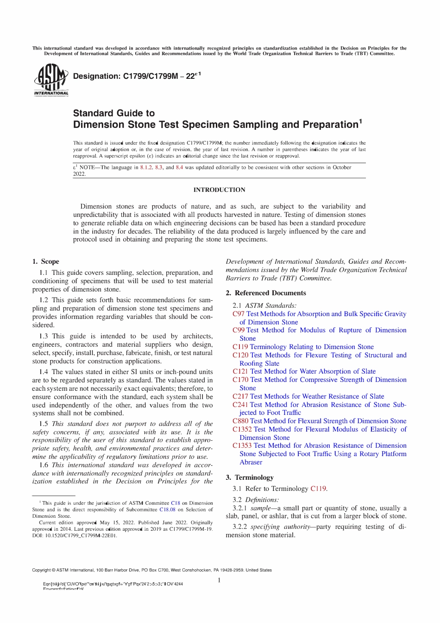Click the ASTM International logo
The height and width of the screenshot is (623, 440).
click(51, 80)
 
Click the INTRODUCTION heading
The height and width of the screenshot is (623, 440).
click(219, 190)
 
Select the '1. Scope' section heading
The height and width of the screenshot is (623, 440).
click(46, 262)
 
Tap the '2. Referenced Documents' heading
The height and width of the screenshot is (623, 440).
click(265, 293)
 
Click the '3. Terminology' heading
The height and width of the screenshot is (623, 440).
click(249, 478)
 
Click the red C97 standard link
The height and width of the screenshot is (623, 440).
click(239, 314)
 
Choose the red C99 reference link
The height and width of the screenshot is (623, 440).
click(239, 331)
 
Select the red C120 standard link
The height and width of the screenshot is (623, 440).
click(240, 356)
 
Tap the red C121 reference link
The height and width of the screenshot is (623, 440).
click(240, 372)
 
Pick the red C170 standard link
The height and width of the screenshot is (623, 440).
click(240, 380)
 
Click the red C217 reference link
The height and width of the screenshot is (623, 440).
click(240, 397)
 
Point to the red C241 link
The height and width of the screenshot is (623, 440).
click(240, 405)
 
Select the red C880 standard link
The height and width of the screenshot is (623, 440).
click(240, 421)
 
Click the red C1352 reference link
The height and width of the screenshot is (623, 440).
click(242, 430)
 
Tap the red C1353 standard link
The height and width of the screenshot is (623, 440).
click(242, 446)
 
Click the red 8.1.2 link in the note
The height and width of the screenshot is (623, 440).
click(146, 168)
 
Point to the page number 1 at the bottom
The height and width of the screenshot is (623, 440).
click(219, 580)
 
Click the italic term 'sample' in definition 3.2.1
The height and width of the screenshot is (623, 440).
click(260, 509)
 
